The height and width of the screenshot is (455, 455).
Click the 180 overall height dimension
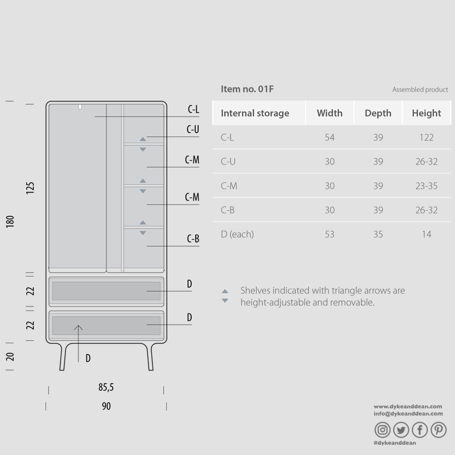tap(10, 221)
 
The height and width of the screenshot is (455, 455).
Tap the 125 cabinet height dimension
tap(30, 188)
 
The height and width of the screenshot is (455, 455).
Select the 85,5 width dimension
tap(106, 387)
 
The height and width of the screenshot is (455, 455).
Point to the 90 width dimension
tap(106, 406)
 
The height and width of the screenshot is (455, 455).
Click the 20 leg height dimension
tap(10, 356)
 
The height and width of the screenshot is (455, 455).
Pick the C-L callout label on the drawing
tap(193, 109)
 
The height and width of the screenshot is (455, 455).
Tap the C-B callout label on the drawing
tap(193, 239)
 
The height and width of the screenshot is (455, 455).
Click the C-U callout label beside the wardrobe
tap(193, 129)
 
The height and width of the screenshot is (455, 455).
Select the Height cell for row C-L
tap(426, 137)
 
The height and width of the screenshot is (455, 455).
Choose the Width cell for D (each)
tap(330, 234)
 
